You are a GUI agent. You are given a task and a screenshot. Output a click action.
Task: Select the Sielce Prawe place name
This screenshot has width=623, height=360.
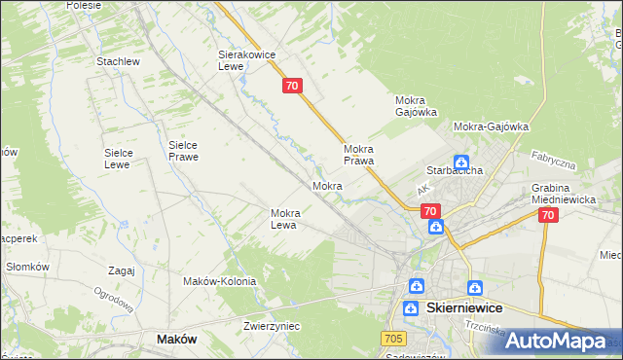[183, 150]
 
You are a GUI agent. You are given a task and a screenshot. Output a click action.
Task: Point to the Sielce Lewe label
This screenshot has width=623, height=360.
[125, 159]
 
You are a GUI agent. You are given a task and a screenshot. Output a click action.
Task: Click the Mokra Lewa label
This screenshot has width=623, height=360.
[291, 219]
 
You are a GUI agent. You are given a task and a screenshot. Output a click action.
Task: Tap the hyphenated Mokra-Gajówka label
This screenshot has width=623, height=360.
[491, 126]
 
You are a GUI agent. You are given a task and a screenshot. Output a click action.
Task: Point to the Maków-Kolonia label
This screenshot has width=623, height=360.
[219, 281]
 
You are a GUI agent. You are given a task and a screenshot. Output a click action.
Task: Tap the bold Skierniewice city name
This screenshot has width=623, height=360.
[464, 307]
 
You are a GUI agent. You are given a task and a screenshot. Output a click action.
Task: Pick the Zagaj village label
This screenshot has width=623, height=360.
[122, 270]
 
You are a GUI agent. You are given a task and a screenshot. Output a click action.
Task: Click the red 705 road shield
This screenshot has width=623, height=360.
[393, 337]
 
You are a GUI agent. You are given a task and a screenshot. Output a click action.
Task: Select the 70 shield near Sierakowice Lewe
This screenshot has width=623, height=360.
[293, 87]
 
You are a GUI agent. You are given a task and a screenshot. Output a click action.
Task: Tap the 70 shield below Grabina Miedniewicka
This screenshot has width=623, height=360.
[547, 216]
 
